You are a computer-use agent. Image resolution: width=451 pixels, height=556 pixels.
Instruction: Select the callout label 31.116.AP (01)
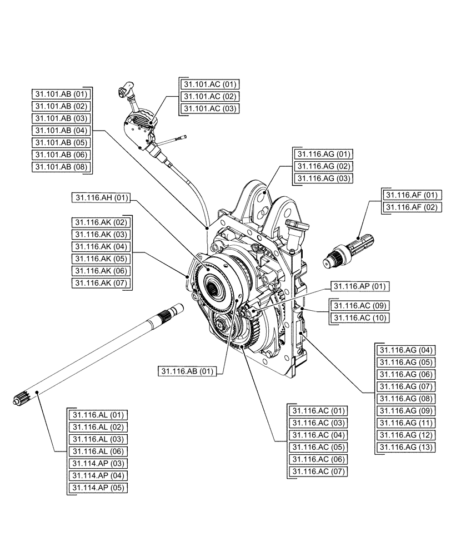pyautogui.click(x=359, y=286)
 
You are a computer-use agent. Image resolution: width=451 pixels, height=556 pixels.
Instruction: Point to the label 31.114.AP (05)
pyautogui.click(x=98, y=488)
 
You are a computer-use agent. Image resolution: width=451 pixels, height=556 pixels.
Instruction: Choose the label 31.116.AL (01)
pyautogui.click(x=98, y=415)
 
